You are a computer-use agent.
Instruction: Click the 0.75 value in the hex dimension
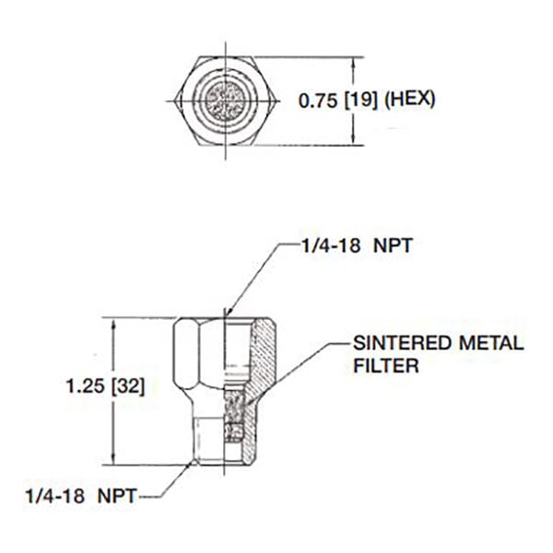tap(315, 99)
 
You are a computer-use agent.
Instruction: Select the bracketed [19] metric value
tap(359, 99)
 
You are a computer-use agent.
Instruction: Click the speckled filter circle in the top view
tap(224, 98)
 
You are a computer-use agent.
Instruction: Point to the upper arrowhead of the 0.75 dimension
tap(354, 61)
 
